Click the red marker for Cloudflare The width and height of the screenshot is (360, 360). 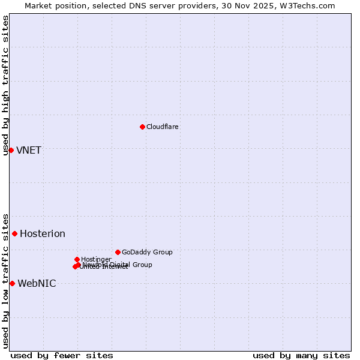(142, 127)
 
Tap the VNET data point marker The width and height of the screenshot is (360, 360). (11, 150)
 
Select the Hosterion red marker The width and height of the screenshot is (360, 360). (14, 233)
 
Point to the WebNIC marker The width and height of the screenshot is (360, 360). (12, 283)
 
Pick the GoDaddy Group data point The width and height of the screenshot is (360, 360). (118, 252)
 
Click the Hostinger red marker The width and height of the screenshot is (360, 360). (77, 259)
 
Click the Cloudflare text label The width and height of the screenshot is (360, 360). (163, 127)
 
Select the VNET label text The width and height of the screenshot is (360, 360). (29, 150)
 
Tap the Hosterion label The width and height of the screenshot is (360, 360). (43, 233)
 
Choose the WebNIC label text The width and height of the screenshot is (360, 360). (37, 283)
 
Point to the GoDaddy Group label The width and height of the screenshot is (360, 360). (147, 252)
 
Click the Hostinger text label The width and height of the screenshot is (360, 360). (96, 259)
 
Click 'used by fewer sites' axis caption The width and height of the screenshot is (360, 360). (62, 355)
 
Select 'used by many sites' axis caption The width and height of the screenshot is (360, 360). (301, 355)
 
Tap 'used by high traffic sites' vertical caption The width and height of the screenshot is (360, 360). (5, 85)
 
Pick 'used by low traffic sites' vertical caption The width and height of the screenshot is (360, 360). (5, 280)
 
